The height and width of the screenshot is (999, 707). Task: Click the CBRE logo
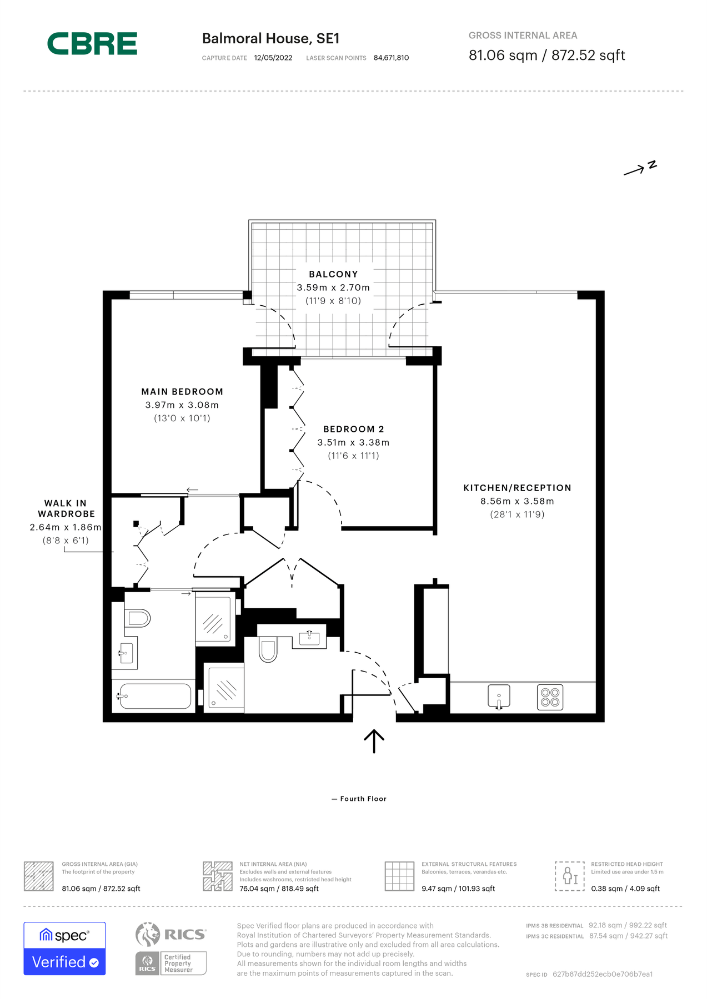coord(92,44)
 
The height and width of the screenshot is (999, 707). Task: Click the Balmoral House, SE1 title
coord(270,38)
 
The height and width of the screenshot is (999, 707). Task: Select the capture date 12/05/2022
coord(273,58)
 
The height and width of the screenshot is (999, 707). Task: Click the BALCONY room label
coord(333,274)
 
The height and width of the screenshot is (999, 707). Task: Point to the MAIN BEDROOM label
coord(182,392)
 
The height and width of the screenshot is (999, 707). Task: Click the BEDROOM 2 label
coord(353,429)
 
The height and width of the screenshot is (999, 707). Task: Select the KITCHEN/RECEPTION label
coord(517,488)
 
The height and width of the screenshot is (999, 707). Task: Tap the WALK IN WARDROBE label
coord(66,508)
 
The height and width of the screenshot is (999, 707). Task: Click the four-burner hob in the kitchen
coord(550,697)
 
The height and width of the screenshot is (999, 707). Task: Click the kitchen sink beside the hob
coord(499,697)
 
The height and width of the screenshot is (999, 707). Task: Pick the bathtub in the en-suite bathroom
coord(155,696)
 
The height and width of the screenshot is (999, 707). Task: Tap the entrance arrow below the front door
coord(374,741)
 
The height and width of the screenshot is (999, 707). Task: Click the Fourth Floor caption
coord(363,799)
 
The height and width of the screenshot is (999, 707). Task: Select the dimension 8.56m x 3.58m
coord(517,501)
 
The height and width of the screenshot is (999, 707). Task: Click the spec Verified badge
coord(64,948)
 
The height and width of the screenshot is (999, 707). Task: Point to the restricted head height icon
coord(569,876)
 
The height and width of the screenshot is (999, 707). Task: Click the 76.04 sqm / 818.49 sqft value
coord(279,889)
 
